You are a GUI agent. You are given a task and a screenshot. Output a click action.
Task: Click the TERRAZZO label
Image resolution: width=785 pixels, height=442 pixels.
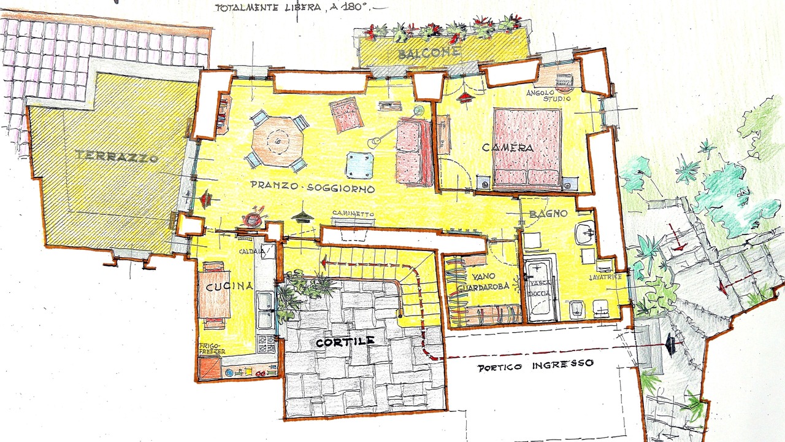(117, 156)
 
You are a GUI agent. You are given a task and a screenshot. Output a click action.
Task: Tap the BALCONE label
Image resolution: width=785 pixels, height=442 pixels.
(430, 53)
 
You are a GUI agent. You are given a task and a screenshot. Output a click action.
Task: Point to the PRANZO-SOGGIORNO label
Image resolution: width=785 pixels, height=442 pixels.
(312, 187)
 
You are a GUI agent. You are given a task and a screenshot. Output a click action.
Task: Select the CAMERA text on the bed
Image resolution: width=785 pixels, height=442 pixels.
(508, 147)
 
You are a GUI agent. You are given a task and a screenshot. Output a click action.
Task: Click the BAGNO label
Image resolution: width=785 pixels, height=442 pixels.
(548, 213)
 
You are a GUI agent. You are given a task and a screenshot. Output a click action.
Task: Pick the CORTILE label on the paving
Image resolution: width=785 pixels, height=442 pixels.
(345, 341)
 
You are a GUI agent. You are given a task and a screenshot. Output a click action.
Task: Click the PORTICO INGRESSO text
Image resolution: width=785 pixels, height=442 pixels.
(535, 365)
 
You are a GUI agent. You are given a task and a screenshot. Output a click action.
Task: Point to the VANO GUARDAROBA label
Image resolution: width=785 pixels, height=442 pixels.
(483, 282)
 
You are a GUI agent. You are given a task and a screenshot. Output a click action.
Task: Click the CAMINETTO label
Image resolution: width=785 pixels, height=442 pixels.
(353, 213)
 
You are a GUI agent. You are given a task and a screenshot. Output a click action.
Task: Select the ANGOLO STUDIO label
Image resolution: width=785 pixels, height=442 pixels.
(549, 96)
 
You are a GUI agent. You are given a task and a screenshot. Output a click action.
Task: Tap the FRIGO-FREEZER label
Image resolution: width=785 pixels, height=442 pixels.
(212, 348)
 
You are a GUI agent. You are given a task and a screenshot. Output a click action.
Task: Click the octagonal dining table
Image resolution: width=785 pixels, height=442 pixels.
(278, 141)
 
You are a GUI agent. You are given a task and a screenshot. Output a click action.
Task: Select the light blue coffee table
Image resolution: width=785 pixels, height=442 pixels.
(359, 165)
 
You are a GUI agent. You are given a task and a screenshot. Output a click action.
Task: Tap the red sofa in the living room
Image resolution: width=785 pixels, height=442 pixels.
(414, 152)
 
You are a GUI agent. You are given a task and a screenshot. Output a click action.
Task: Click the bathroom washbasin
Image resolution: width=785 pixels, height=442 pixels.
(584, 233)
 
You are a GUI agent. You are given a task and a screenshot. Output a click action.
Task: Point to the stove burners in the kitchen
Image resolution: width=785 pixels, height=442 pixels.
(266, 344)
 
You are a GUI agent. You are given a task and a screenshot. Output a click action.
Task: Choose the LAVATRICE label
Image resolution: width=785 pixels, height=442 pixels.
(605, 277)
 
